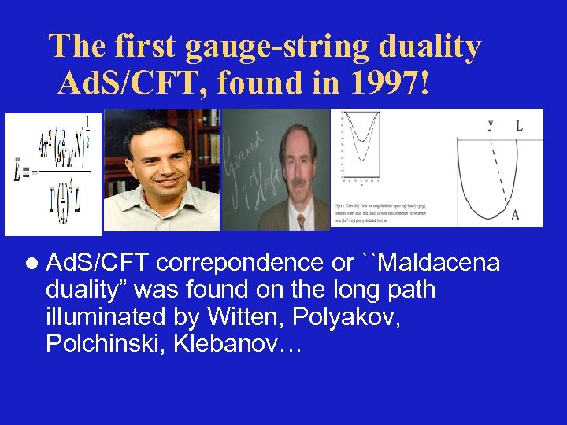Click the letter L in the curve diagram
520,125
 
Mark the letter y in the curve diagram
491,124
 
